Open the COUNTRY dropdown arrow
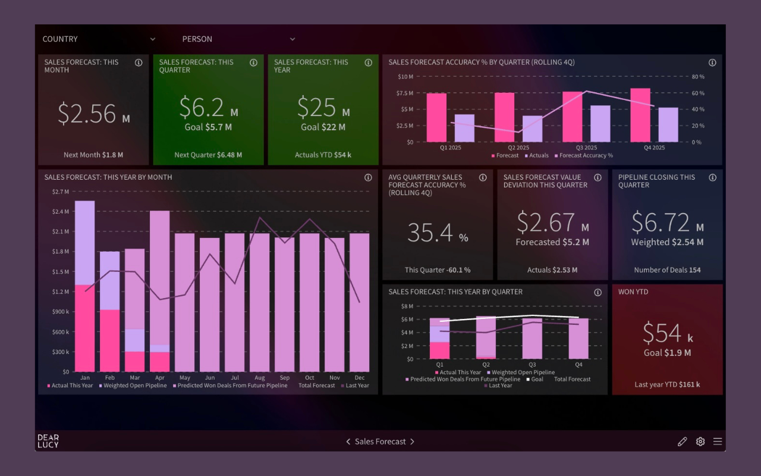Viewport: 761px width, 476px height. point(153,39)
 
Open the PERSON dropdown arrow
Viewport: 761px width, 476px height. point(293,39)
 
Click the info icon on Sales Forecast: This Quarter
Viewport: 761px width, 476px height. point(253,62)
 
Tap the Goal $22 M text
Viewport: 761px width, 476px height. point(323,127)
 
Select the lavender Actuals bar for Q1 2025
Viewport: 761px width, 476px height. point(464,128)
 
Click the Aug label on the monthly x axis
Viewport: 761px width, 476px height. point(260,378)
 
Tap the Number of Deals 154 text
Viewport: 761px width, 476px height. point(667,270)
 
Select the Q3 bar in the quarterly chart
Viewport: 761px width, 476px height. point(532,339)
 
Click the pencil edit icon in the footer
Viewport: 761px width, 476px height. point(682,441)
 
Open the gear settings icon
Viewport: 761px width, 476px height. point(700,441)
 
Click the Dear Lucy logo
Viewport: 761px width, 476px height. point(48,441)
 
